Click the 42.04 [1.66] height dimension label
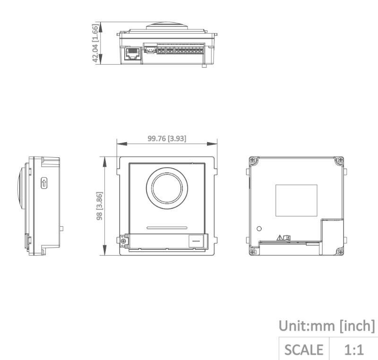(x=95, y=43)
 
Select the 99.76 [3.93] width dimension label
(x=167, y=138)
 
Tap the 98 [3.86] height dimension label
(x=99, y=206)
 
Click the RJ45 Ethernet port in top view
(x=132, y=53)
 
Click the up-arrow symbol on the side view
(x=44, y=183)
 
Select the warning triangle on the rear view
(x=280, y=238)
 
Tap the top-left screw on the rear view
(x=252, y=160)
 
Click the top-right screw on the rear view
(x=340, y=160)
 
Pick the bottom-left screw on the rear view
(x=252, y=252)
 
